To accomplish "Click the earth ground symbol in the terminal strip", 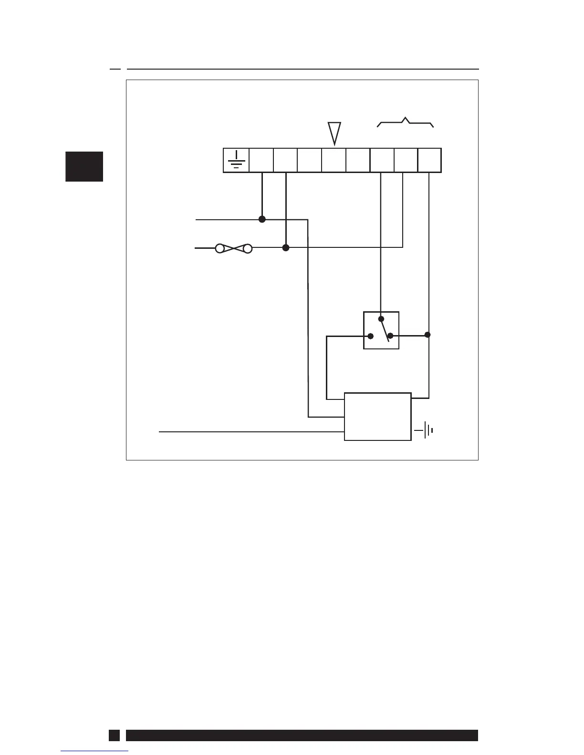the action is pos(236,160).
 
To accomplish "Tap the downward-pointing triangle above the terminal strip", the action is pos(334,132).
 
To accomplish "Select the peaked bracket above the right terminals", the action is pos(406,122).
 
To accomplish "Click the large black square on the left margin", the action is pos(84,166).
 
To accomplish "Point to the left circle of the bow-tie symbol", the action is pos(220,248).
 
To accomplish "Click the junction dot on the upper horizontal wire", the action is pos(262,219).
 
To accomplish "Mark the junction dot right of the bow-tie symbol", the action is pos(286,248).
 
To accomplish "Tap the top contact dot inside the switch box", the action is pos(381,318).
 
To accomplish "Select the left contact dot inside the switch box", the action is pos(371,336).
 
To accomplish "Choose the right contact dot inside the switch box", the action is pos(390,336).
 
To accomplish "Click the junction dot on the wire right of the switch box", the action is pos(428,335).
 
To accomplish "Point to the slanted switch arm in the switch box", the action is pos(385,330).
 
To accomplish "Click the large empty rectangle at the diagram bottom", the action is pos(377,417).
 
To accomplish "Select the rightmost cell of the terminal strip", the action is pos(429,160).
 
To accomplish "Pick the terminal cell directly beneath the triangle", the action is pos(334,160).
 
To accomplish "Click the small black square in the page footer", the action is pos(114,735).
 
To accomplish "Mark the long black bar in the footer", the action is pos(302,735).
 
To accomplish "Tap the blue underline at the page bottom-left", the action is pos(95,751).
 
